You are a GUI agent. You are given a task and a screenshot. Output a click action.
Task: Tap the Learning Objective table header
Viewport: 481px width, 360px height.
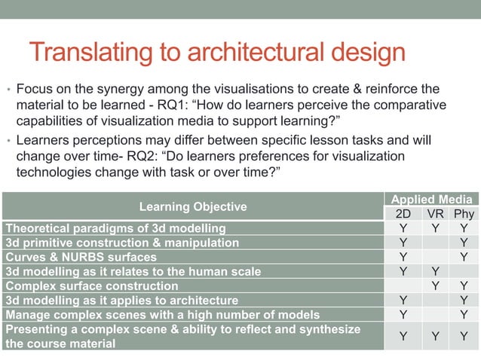[x=193, y=206]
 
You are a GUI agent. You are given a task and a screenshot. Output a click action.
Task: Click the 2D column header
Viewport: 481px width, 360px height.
[x=403, y=214]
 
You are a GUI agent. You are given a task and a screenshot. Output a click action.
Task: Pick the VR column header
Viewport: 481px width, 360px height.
[x=435, y=214]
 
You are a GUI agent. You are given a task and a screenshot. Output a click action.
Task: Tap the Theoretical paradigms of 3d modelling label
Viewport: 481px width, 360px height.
[x=115, y=228]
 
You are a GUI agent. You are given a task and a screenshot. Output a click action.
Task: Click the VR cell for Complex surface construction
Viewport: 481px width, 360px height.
[x=435, y=286]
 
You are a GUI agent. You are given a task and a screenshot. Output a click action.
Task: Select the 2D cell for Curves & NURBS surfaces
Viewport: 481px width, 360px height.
[x=403, y=258]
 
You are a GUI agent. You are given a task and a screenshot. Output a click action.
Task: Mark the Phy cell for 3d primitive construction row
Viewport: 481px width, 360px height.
[x=464, y=243]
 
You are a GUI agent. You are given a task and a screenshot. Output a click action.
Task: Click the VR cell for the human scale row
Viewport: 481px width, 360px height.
[x=435, y=272]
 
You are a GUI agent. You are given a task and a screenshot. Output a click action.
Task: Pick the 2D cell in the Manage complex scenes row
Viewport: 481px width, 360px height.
[x=403, y=315]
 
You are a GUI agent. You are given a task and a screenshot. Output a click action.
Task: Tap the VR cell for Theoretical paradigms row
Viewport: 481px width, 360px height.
[x=435, y=228]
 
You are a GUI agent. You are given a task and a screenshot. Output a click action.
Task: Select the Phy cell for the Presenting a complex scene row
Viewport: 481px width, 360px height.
[x=464, y=336]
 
